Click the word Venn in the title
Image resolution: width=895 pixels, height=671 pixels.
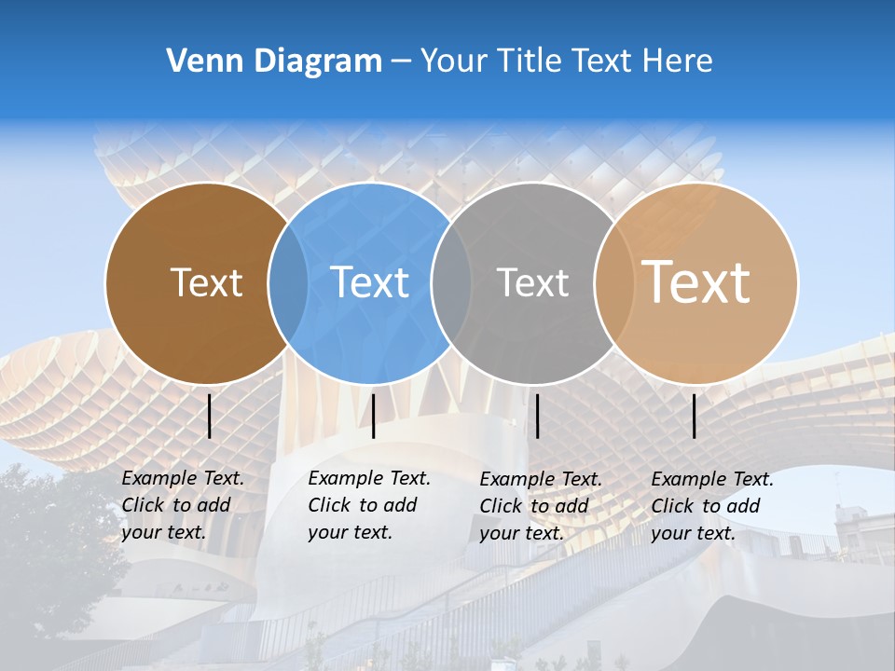pyautogui.click(x=197, y=62)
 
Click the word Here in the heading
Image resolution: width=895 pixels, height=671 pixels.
pyautogui.click(x=676, y=62)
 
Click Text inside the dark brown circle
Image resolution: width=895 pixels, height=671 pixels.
pyautogui.click(x=206, y=282)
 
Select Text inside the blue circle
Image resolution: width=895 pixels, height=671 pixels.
pyautogui.click(x=370, y=282)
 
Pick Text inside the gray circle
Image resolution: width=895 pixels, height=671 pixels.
pyautogui.click(x=532, y=282)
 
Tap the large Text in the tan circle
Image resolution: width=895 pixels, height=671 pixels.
pyautogui.click(x=696, y=282)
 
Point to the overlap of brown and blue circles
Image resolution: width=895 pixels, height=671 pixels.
pyautogui.click(x=288, y=282)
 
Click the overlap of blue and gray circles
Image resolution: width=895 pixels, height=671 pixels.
pyautogui.click(x=451, y=282)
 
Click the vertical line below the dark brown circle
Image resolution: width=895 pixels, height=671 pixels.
pyautogui.click(x=210, y=416)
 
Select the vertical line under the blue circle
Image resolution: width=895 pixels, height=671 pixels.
pyautogui.click(x=373, y=416)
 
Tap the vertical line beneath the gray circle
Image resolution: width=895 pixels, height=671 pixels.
pyautogui.click(x=538, y=416)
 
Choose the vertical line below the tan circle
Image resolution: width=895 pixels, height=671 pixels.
pyautogui.click(x=695, y=416)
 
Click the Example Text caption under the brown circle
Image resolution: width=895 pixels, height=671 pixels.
pyautogui.click(x=182, y=505)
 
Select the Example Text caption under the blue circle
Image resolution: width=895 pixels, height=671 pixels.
pyautogui.click(x=368, y=505)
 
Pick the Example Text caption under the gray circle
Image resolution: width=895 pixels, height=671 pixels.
pyautogui.click(x=540, y=506)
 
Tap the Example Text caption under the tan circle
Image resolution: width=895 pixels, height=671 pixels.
pyautogui.click(x=711, y=506)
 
